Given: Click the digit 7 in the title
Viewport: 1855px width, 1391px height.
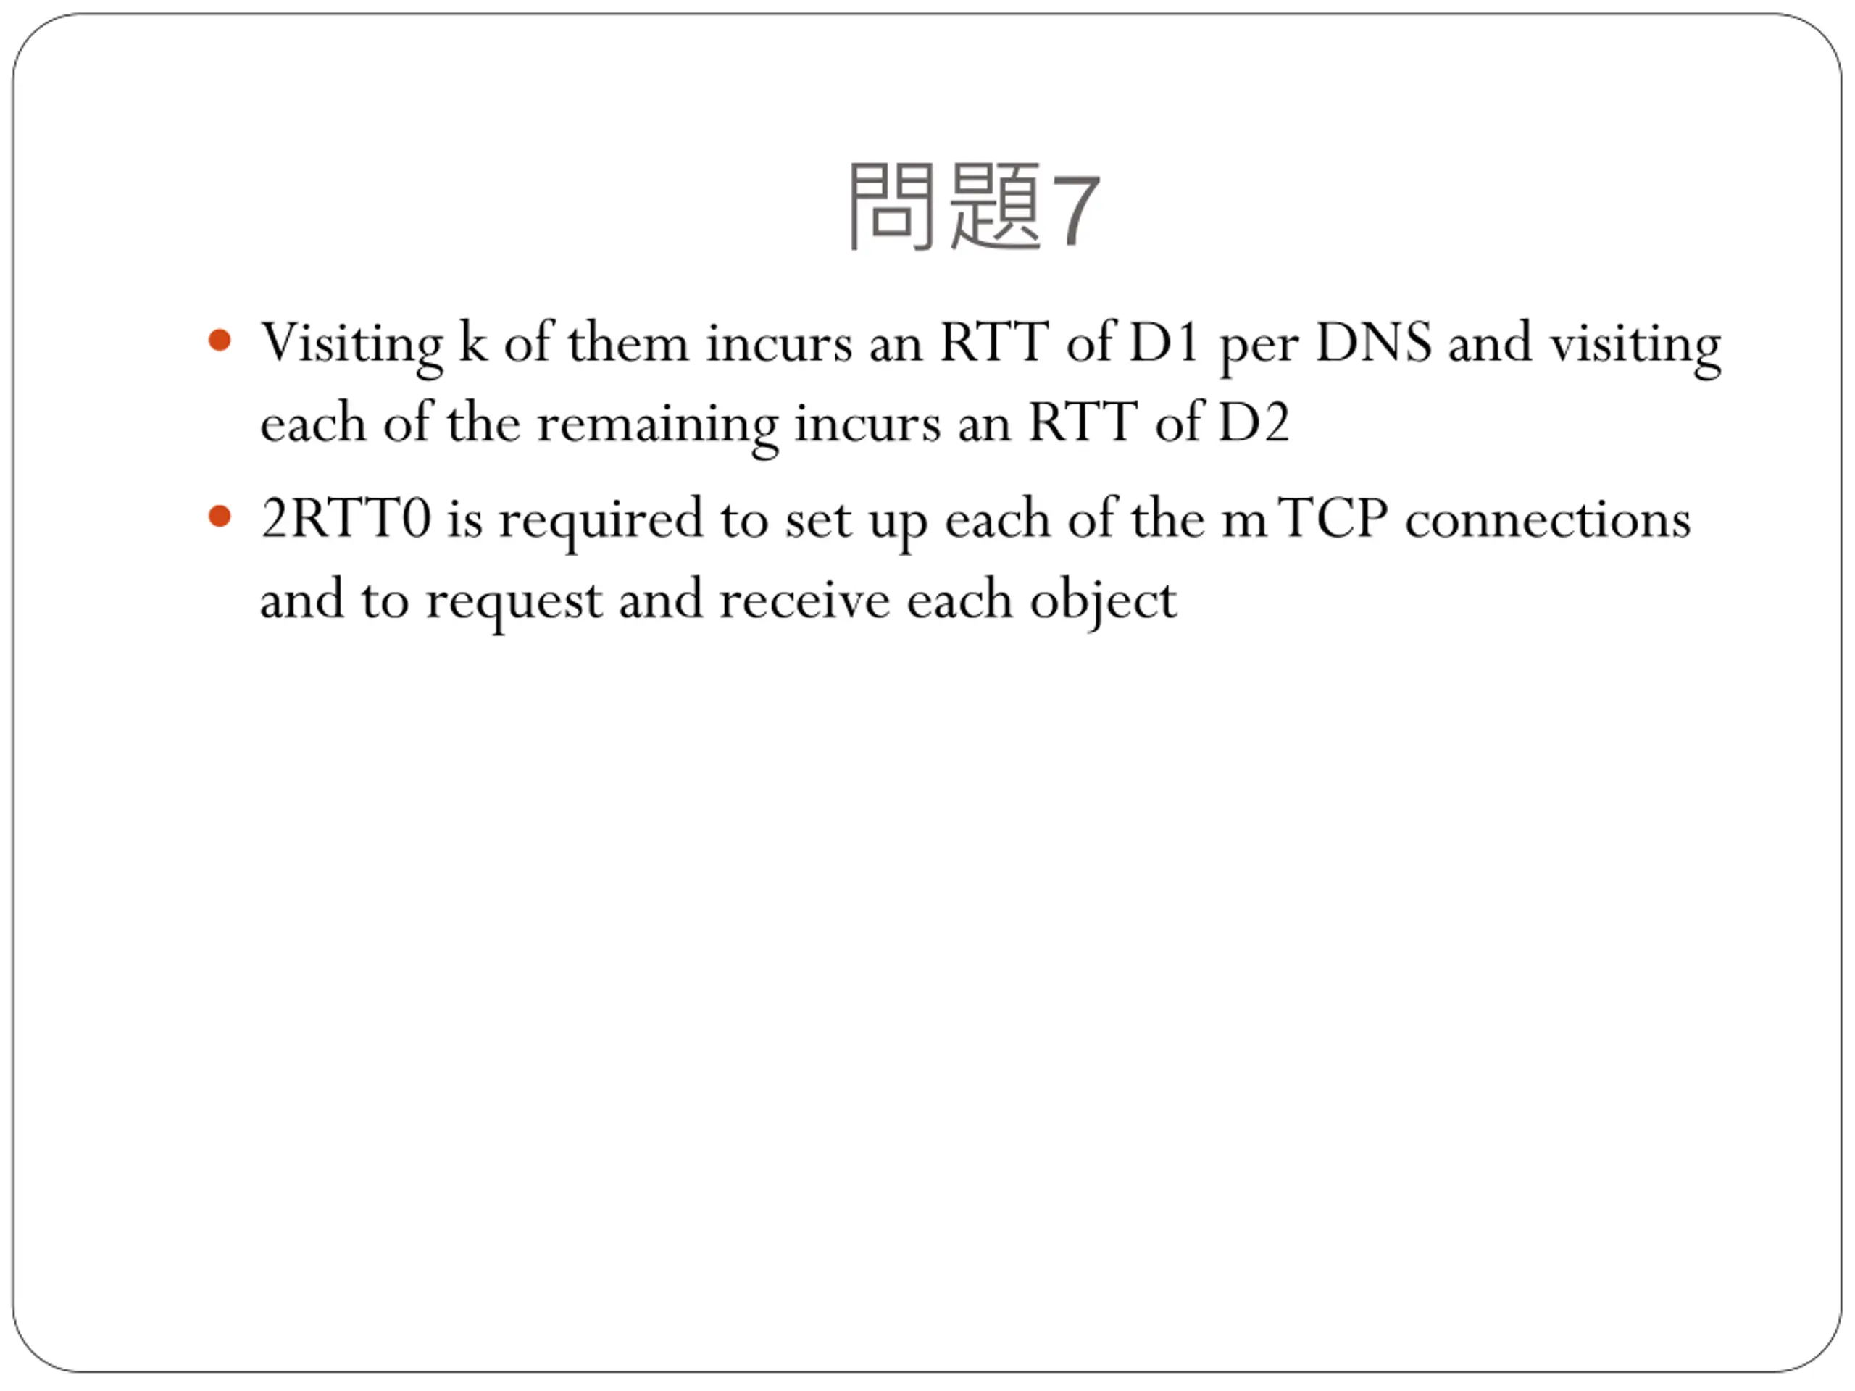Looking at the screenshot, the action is click(x=1075, y=210).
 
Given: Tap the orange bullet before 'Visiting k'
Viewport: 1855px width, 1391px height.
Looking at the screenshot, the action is click(x=220, y=341).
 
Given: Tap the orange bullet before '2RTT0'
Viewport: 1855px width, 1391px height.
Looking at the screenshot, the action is click(x=220, y=517).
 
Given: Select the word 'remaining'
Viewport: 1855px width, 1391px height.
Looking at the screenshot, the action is click(x=656, y=425).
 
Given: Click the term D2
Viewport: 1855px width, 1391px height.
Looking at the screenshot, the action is click(x=1253, y=422).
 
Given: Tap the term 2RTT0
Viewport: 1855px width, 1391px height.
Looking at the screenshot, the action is click(x=346, y=518).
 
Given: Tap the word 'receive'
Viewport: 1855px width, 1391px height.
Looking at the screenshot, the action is click(x=804, y=601).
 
